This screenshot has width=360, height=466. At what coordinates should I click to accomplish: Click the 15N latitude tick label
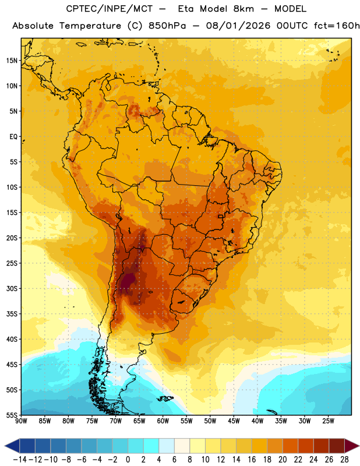coord(12,61)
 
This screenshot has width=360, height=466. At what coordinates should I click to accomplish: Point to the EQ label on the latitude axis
coord(13,137)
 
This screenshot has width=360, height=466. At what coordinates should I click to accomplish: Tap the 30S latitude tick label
coord(12,288)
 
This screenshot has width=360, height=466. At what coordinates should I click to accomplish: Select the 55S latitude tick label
coord(12,415)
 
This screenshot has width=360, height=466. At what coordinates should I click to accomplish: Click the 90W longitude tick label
coord(21,421)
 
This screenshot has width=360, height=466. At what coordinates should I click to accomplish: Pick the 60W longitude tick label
coord(163,421)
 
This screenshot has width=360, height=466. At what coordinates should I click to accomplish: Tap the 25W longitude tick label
coord(328,421)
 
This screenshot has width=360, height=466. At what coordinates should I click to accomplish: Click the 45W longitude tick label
coord(234,421)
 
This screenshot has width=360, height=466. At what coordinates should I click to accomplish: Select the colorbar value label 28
coord(344,460)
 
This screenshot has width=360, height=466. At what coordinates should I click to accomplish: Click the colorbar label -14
coord(20,460)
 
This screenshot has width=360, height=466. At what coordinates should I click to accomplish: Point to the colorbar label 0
coord(128,460)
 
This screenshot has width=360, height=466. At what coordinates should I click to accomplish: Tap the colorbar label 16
coord(252,460)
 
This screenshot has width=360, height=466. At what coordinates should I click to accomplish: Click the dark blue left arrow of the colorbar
coord(12,446)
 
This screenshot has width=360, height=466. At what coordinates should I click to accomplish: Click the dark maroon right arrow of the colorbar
coord(352,446)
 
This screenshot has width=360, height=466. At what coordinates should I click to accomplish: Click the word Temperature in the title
coord(90,26)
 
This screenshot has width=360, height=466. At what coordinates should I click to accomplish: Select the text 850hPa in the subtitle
coord(167,26)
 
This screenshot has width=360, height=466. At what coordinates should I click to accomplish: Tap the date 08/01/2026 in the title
coord(238,26)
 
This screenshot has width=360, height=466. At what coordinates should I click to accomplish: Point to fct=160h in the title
coord(337,26)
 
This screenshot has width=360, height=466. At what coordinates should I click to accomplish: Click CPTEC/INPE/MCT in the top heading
coord(110,9)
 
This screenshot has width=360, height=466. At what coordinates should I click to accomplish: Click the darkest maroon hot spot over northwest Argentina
coord(128,281)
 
